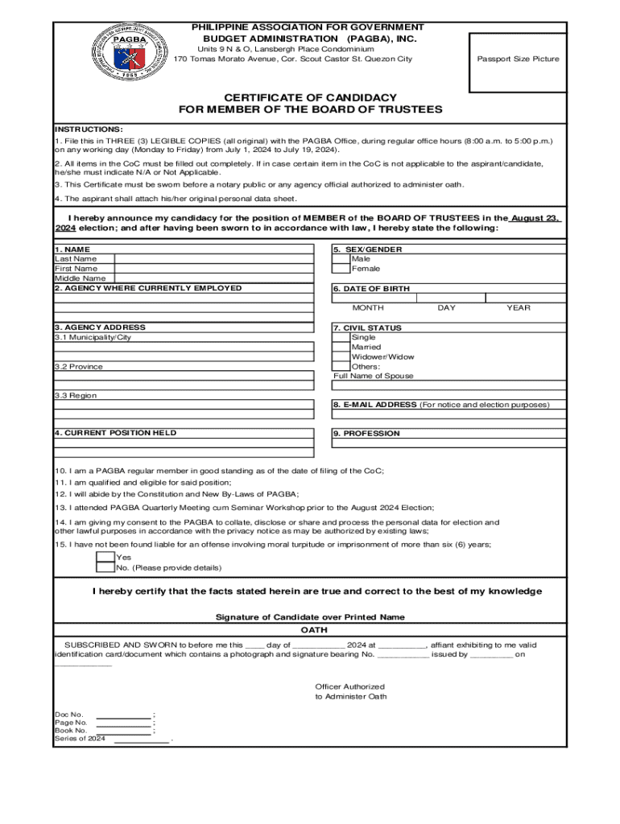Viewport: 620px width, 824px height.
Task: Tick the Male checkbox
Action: click(341, 259)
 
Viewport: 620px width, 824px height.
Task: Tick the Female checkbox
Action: click(341, 269)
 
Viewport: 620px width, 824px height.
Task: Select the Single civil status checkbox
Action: click(341, 338)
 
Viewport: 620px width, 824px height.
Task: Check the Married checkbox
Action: click(341, 348)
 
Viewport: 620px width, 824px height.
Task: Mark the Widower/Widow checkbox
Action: click(341, 357)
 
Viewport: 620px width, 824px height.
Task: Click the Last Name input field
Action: click(213, 259)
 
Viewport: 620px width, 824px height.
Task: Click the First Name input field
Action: click(213, 269)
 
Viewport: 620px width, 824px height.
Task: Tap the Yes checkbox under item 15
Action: click(105, 557)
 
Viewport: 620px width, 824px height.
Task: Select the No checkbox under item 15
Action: click(105, 567)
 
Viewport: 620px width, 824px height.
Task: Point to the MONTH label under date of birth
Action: click(368, 308)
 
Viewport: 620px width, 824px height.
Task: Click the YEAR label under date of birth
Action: click(518, 308)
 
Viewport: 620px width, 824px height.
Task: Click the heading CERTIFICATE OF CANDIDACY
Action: click(310, 97)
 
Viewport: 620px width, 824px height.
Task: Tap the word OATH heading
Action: click(309, 630)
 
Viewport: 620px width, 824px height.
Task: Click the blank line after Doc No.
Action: click(123, 715)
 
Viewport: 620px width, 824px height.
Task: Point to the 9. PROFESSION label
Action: click(366, 434)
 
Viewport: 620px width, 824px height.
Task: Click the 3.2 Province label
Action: click(79, 367)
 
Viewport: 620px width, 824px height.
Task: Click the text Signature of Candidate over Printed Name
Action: click(310, 617)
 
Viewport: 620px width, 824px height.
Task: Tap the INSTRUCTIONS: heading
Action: click(89, 130)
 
